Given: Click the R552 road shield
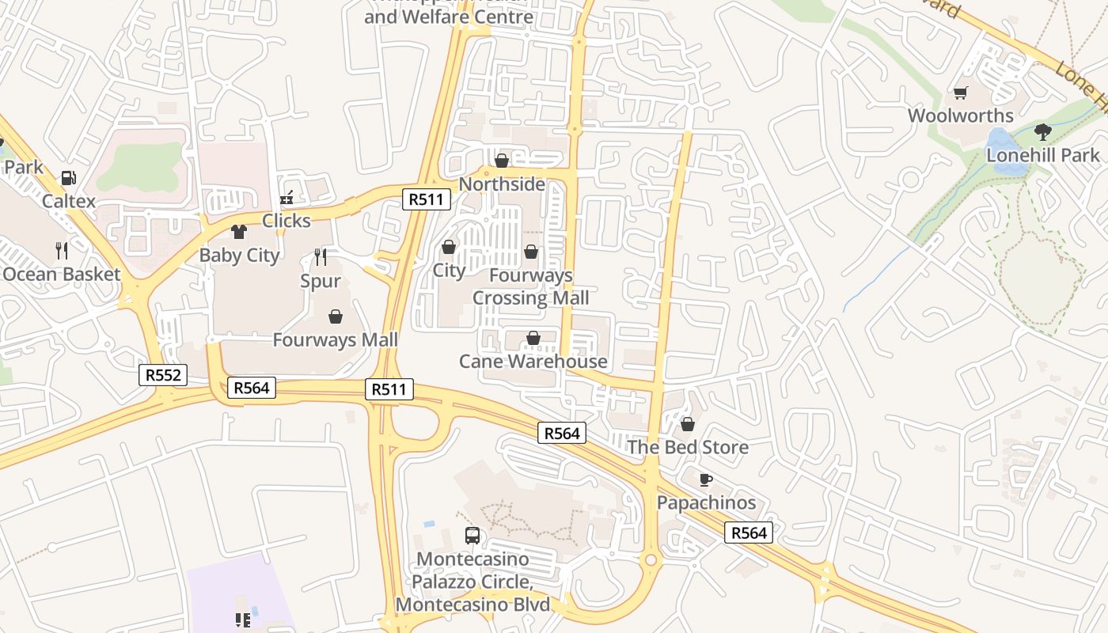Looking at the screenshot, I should pyautogui.click(x=164, y=375).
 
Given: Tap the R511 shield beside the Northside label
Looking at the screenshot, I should pyautogui.click(x=427, y=199).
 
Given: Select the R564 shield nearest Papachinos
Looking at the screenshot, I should pyautogui.click(x=748, y=533).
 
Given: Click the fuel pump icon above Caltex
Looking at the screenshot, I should pyautogui.click(x=69, y=179).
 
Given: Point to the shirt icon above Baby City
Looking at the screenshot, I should pyautogui.click(x=239, y=232).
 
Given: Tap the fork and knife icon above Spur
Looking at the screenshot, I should pyautogui.click(x=321, y=256).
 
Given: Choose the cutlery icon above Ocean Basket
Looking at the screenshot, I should pyautogui.click(x=62, y=251).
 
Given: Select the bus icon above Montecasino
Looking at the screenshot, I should pyautogui.click(x=472, y=536).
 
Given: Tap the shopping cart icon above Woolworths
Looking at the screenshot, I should pyautogui.click(x=961, y=93).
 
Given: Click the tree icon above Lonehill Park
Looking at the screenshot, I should pyautogui.click(x=1043, y=131).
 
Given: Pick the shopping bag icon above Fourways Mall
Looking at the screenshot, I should pyautogui.click(x=336, y=317).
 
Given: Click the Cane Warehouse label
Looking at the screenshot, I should pyautogui.click(x=533, y=362).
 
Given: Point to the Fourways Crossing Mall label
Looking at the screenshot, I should pyautogui.click(x=531, y=286).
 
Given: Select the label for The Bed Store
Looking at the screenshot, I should pyautogui.click(x=688, y=447).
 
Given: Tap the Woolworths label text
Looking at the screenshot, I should pyautogui.click(x=960, y=116).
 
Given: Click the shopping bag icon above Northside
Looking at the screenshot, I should pyautogui.click(x=502, y=161).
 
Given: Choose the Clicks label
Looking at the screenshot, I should pyautogui.click(x=286, y=221).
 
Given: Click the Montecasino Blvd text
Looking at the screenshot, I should pyautogui.click(x=472, y=605).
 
